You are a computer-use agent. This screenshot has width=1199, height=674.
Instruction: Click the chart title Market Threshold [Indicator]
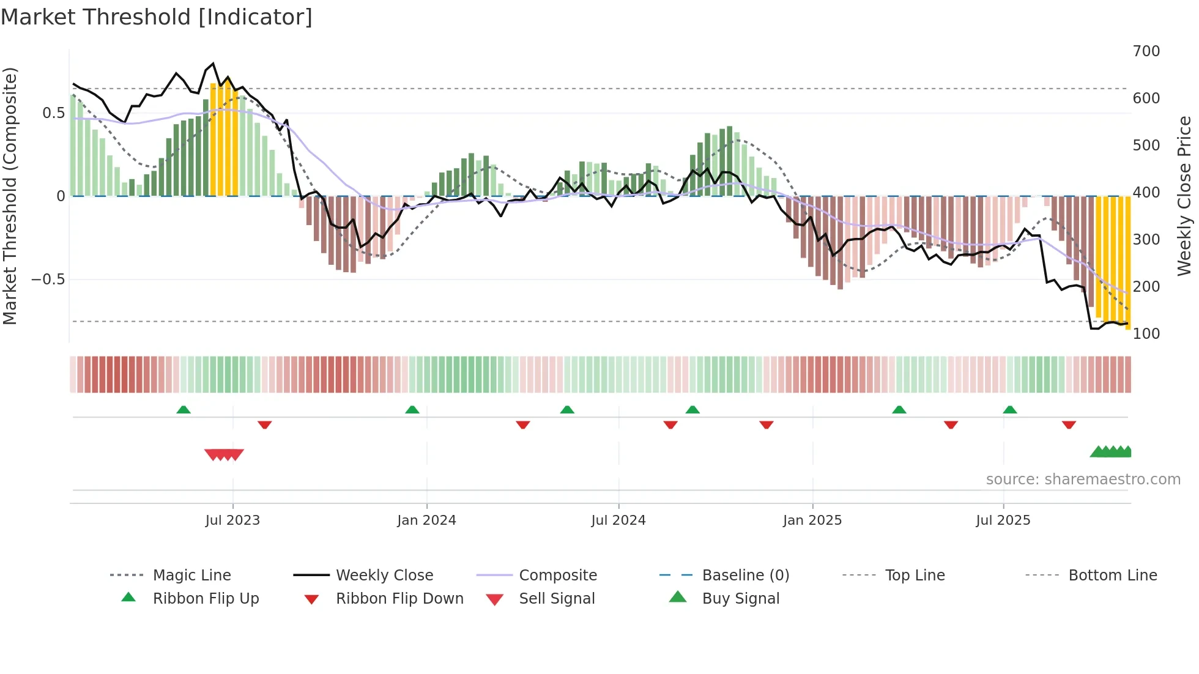pyautogui.click(x=157, y=17)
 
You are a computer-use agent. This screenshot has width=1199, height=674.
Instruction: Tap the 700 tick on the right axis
pyautogui.click(x=1146, y=51)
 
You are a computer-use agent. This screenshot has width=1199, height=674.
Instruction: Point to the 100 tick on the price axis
pyautogui.click(x=1146, y=334)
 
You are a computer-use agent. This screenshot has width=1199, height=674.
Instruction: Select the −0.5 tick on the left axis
pyautogui.click(x=48, y=280)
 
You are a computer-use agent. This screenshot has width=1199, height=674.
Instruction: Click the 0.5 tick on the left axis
pyautogui.click(x=53, y=113)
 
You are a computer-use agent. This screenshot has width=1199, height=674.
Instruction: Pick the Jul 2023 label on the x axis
pyautogui.click(x=232, y=520)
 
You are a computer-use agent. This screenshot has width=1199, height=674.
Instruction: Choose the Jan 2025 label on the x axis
pyautogui.click(x=812, y=520)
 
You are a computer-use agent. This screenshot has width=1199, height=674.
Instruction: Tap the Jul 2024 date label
pyautogui.click(x=618, y=520)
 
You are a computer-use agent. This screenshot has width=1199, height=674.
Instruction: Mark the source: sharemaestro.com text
pyautogui.click(x=1083, y=480)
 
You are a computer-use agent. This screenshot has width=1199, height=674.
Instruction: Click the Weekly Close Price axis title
pyautogui.click(x=1185, y=196)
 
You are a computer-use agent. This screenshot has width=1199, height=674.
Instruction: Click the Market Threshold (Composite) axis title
pyautogui.click(x=10, y=196)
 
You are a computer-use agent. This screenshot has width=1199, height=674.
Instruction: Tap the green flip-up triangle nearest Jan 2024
pyautogui.click(x=412, y=410)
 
